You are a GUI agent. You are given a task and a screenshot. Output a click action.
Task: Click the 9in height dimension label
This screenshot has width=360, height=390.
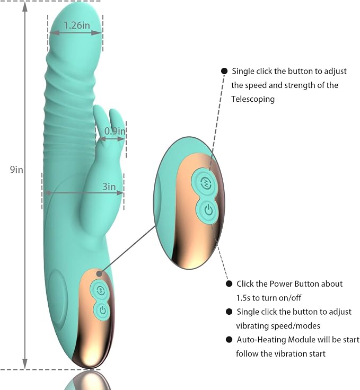(16, 170)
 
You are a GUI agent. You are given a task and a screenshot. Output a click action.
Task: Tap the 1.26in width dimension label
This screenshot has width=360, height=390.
(77, 25)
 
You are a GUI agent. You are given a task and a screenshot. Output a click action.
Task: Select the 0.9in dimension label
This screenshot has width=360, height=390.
(115, 131)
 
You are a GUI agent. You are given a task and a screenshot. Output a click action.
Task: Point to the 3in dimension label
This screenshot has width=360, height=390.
(109, 187)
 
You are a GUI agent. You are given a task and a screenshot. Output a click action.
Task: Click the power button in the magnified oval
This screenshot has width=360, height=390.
(208, 210)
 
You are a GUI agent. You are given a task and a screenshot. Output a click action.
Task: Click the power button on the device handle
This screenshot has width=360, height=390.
(102, 311)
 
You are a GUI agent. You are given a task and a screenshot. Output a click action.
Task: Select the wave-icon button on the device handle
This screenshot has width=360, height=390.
(101, 290)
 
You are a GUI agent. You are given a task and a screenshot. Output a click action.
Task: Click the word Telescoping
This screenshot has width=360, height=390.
(253, 99)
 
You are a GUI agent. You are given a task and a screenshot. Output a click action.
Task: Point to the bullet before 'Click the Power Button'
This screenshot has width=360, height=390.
(229, 284)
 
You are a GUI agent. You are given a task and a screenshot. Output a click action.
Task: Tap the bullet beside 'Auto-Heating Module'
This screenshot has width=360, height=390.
(229, 340)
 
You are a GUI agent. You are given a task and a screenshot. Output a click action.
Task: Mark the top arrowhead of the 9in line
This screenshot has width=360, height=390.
(25, 7)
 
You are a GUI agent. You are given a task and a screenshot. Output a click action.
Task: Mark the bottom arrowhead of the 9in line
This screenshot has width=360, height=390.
(25, 365)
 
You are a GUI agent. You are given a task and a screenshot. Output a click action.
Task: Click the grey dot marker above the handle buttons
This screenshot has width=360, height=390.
(99, 273)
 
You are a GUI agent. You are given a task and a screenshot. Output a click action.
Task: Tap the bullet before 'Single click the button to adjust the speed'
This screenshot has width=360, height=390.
(224, 71)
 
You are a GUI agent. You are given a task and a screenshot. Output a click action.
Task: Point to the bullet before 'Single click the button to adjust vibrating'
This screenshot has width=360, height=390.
(229, 312)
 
